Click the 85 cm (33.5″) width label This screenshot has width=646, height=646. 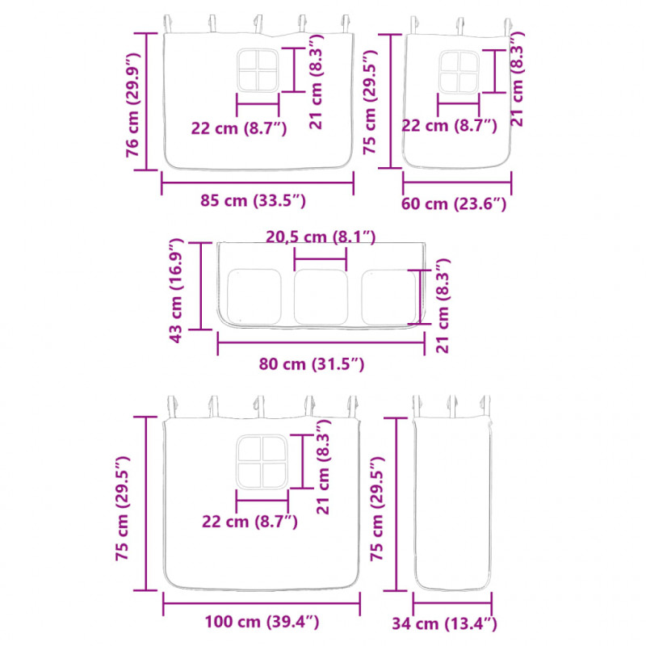coord(253,200)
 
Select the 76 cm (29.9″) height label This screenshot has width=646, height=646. coord(133,105)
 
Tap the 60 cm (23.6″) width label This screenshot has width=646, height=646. coord(454,203)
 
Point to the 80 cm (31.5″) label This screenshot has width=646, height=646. coord(312,364)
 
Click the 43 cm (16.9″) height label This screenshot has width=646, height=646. coord(176,291)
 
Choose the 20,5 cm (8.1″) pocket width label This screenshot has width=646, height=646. coord(321,237)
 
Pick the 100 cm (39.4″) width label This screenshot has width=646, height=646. coord(262,622)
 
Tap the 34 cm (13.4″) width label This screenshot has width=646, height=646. coord(444,623)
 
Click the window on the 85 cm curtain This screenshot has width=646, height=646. coord(258,70)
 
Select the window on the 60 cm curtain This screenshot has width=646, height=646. coord(459,72)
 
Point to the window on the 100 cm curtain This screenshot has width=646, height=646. coord(262,462)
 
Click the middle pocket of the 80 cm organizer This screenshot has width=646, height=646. coord(321,297)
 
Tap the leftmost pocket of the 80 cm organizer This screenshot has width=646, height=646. coord(254,296)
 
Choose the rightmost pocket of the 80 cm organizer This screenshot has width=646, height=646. coord(389,297)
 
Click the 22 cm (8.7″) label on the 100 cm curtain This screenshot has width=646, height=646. coord(250,522)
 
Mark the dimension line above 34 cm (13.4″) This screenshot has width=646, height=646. coord(452,603)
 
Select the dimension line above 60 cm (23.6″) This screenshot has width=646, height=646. coord(457,182)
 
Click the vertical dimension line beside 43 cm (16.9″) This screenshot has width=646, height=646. coord(200,287)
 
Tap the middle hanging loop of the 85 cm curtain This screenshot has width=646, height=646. coord(258,24)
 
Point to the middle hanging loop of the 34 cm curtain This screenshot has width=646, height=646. coord(453,406)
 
